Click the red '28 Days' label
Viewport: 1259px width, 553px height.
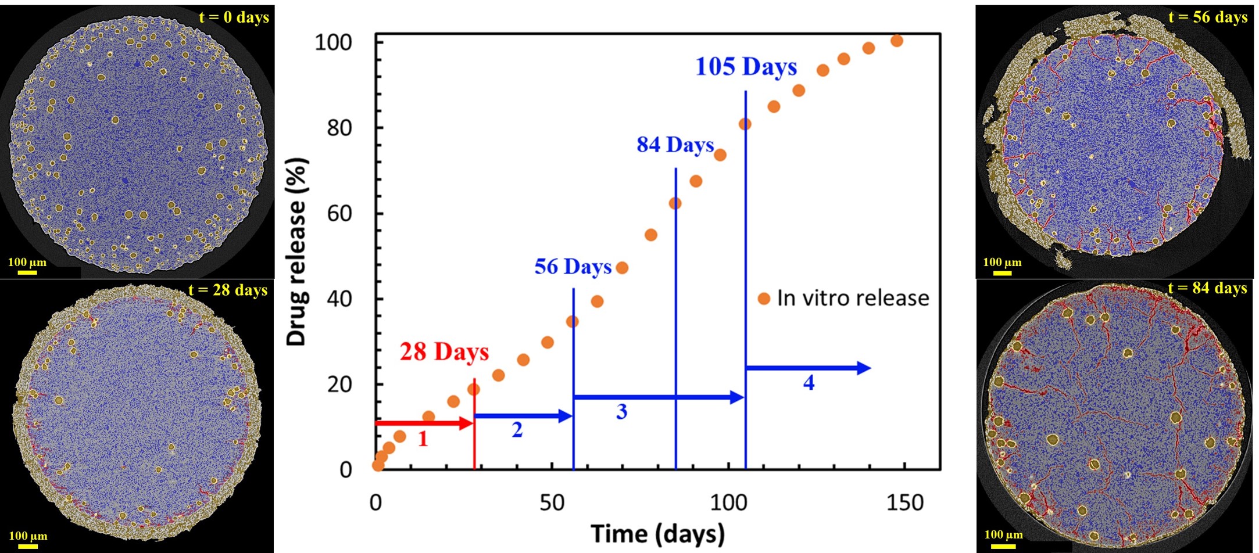coord(444,352)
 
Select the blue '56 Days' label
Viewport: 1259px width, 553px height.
coord(573,267)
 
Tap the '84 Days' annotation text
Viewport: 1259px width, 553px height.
coord(675,145)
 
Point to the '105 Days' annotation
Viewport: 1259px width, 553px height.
coord(746,67)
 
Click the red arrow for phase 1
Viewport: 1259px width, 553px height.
coord(424,423)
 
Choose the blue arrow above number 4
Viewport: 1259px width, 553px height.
coord(808,368)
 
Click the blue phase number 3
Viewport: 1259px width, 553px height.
coord(621,412)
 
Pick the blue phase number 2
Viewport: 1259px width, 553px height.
coord(517,430)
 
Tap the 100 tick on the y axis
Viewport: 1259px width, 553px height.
coord(333,42)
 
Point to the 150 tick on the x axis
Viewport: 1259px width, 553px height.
coord(904,502)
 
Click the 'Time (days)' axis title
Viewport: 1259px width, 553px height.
coord(658,533)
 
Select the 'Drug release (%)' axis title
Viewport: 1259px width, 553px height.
coord(297,252)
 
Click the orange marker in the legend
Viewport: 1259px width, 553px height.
coord(764,299)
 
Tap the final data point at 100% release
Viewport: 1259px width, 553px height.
coord(896,41)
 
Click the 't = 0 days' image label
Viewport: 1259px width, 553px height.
coord(234,17)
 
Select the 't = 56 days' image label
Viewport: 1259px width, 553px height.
coord(1207,17)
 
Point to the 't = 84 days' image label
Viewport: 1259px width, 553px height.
coord(1207,288)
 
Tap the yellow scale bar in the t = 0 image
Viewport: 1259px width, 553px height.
coord(27,272)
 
